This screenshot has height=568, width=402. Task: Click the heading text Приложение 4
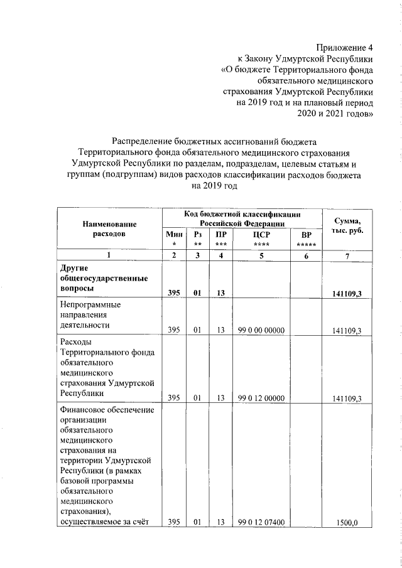point(344,47)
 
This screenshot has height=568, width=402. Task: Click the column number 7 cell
point(347,255)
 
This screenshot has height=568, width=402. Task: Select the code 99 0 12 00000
point(261,397)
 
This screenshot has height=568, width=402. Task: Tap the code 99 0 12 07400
point(261,522)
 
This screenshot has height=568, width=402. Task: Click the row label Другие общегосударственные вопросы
point(104,279)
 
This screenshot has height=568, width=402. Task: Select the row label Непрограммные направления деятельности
point(90,315)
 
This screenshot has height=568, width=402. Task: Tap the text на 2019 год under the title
point(215,186)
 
